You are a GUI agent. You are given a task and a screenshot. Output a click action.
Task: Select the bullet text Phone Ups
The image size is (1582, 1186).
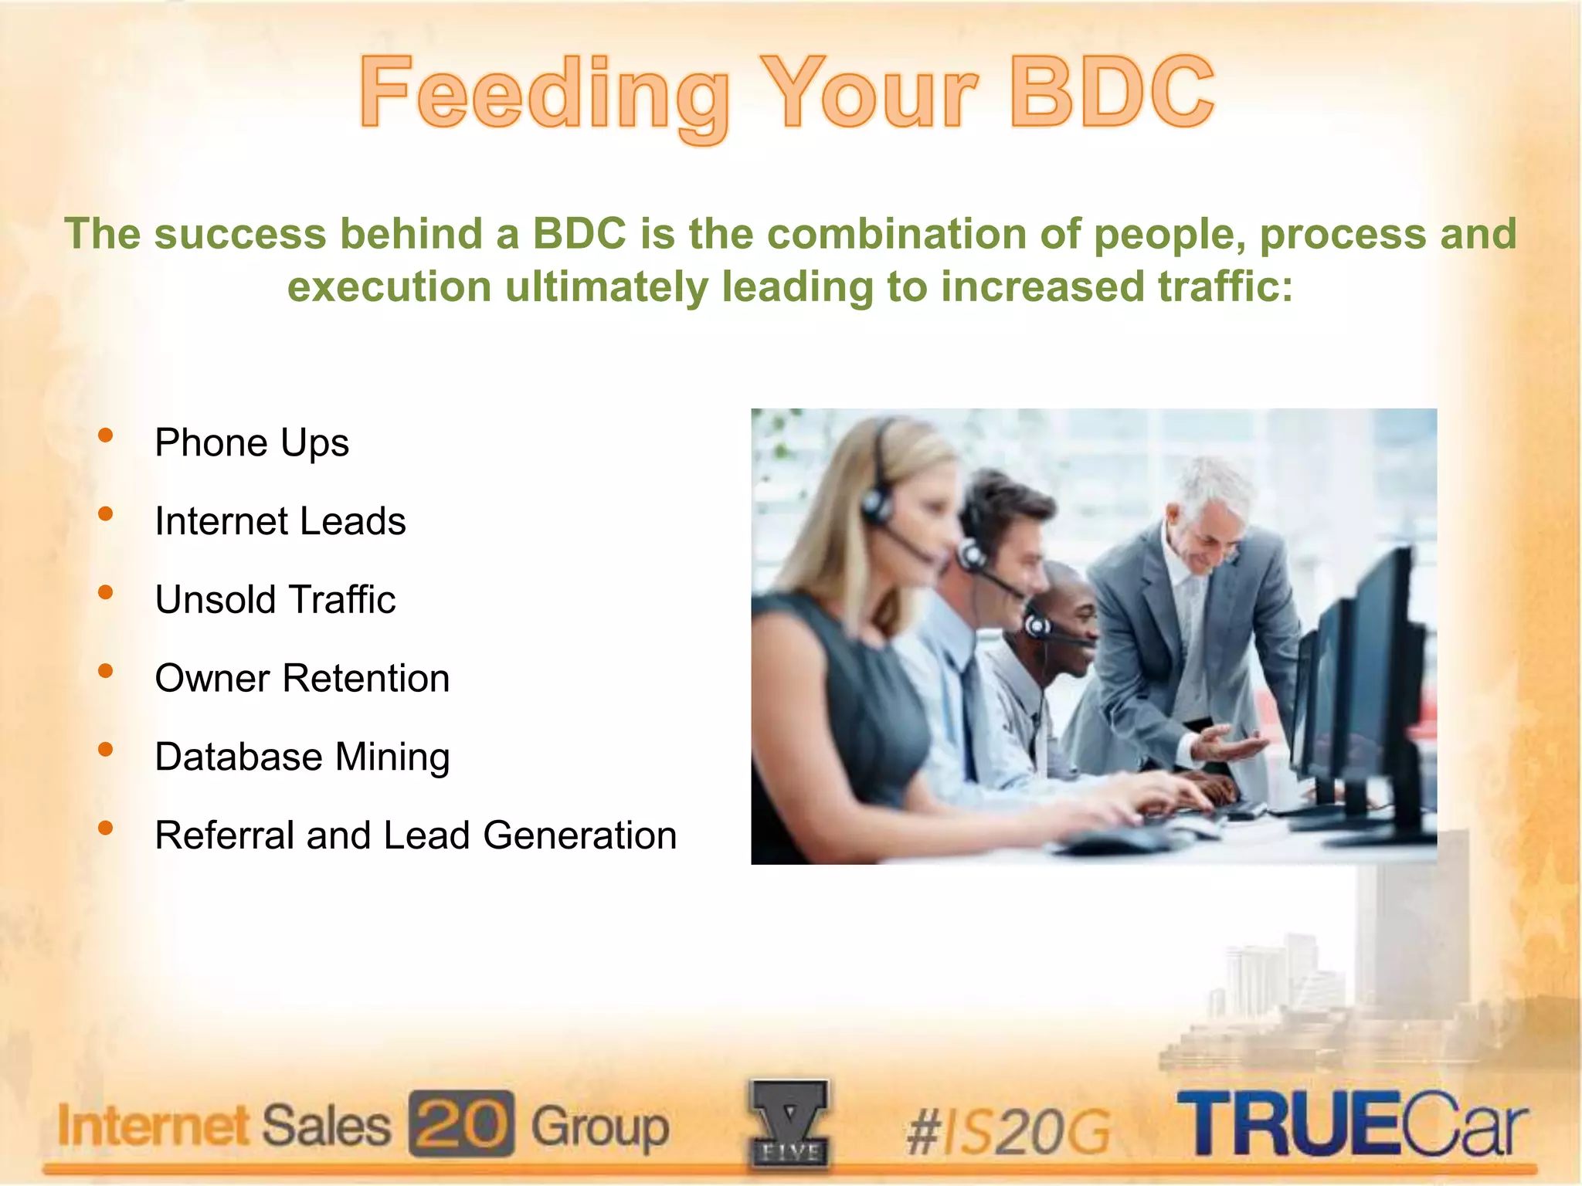click(252, 443)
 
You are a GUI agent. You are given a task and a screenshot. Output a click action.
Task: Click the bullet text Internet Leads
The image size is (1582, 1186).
click(280, 521)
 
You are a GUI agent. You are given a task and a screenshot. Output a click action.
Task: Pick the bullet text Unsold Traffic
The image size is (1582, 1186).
click(276, 600)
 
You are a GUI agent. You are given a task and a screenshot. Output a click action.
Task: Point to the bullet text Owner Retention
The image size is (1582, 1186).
click(302, 679)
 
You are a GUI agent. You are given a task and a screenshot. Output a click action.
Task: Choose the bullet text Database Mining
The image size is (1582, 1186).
click(302, 757)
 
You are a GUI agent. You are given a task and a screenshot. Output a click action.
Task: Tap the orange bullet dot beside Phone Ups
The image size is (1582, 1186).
click(106, 435)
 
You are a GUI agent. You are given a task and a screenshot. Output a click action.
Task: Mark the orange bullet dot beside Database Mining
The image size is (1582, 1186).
click(106, 749)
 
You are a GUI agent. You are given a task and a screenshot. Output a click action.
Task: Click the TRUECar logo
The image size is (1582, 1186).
click(1352, 1123)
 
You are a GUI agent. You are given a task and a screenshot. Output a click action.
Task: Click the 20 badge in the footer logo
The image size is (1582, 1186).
click(461, 1123)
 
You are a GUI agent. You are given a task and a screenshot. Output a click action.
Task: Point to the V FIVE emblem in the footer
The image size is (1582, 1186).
click(788, 1123)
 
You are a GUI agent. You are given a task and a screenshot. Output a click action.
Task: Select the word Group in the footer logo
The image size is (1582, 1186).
click(600, 1127)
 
